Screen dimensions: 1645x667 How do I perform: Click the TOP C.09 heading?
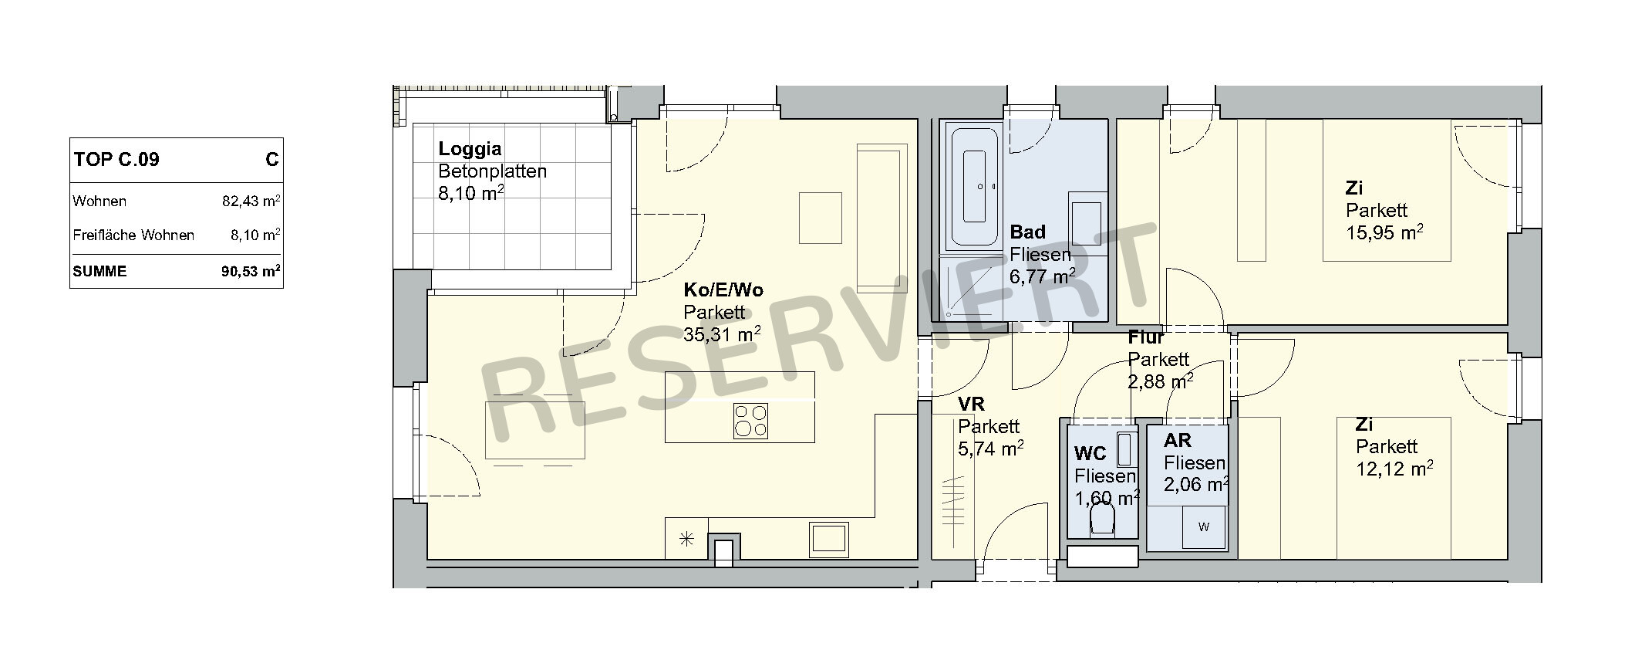click(116, 160)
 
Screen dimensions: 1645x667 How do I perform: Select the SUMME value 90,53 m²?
click(250, 271)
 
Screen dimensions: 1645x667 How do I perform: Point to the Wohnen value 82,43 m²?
click(251, 201)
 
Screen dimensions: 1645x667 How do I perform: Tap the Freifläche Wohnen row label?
click(133, 235)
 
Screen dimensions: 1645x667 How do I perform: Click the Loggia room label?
click(470, 149)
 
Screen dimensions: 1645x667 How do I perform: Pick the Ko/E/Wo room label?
click(723, 290)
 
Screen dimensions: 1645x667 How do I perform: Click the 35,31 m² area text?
click(722, 333)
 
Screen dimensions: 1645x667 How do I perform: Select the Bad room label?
click(1028, 232)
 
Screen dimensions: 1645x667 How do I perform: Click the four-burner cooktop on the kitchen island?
click(750, 422)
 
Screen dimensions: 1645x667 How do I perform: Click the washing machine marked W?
click(1204, 527)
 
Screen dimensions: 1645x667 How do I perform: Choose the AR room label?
click(1178, 441)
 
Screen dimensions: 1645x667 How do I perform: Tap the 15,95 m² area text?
click(1384, 232)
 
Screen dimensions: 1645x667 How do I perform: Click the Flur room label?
click(1146, 337)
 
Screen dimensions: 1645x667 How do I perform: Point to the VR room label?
click(971, 405)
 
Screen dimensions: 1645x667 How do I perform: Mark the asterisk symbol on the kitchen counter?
click(686, 540)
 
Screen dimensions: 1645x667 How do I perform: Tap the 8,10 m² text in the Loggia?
click(471, 192)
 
